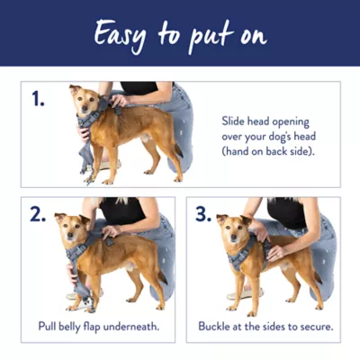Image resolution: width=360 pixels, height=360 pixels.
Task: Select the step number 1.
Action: pyautogui.click(x=37, y=100)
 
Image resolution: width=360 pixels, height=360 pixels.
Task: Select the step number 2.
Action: pyautogui.click(x=38, y=215)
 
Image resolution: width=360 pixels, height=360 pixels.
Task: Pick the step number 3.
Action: pyautogui.click(x=202, y=215)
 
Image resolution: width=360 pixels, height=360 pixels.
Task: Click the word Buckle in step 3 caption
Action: pyautogui.click(x=217, y=326)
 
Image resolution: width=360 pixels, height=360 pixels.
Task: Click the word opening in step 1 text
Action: pyautogui.click(x=290, y=119)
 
